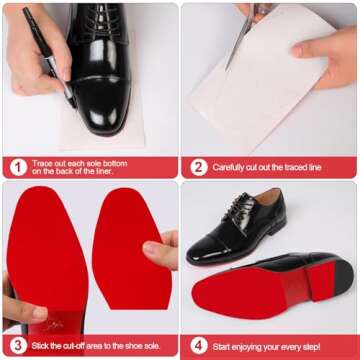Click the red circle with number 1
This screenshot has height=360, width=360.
[x=17, y=167]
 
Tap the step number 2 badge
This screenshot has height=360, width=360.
[x=198, y=167]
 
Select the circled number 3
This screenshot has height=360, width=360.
[x=17, y=346]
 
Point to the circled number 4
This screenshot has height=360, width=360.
[x=198, y=346]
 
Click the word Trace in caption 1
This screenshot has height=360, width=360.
[x=46, y=162]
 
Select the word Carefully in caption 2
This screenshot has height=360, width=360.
[x=232, y=167]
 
